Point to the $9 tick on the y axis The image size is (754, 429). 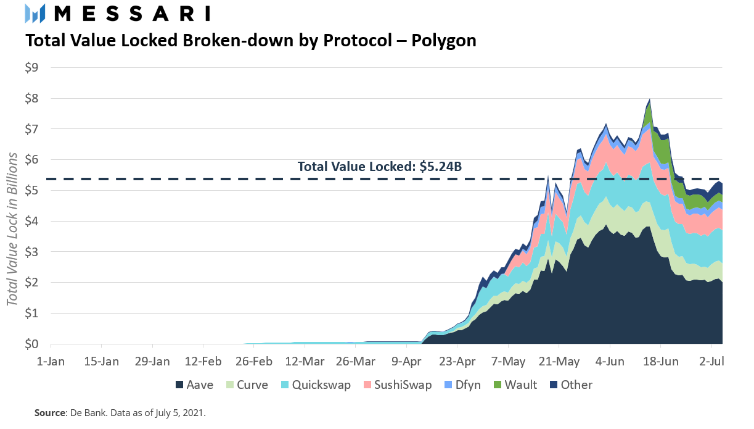(31, 67)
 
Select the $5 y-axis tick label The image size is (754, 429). (31, 190)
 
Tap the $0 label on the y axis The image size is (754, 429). (31, 344)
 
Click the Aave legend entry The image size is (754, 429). (195, 385)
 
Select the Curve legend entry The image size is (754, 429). (247, 385)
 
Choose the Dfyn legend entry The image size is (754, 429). (464, 385)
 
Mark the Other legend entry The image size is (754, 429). (570, 385)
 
